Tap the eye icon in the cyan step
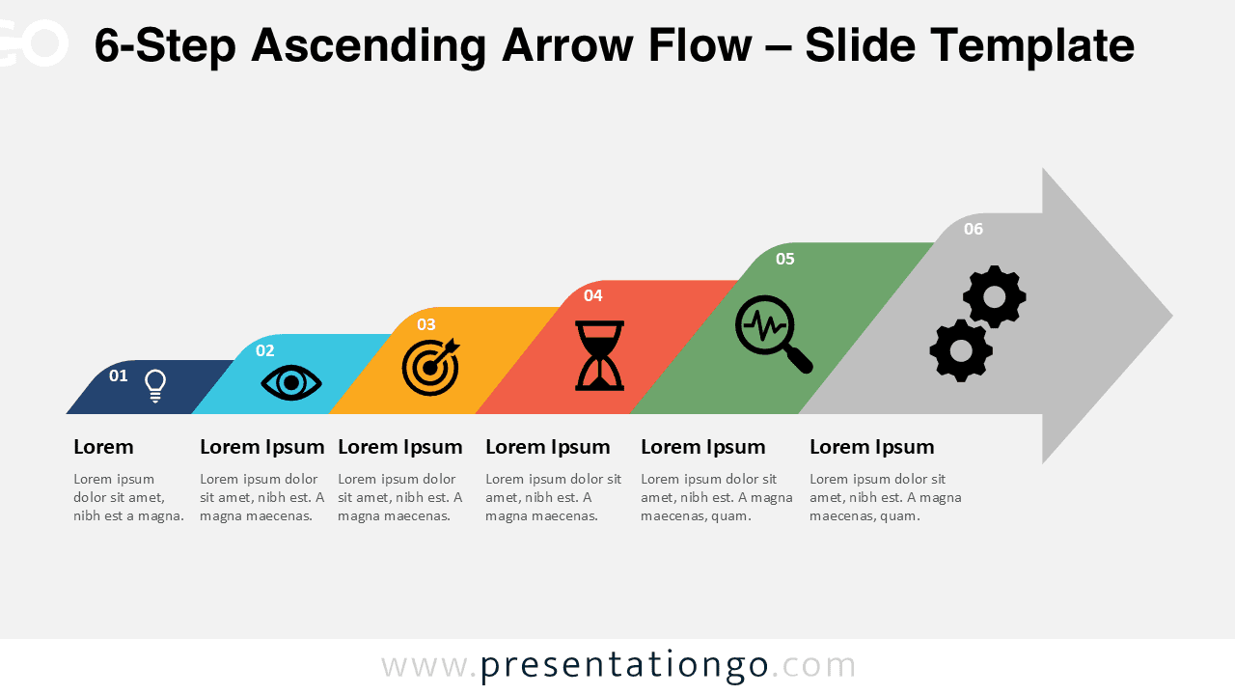291,383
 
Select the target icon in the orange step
430,367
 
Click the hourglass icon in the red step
599,355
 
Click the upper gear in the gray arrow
994,297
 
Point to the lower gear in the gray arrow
961,351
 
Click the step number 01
118,375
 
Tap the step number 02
265,350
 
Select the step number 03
425,324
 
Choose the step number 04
592,295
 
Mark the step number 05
785,259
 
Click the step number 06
974,229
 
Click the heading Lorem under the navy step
103,447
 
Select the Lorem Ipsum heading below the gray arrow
871,447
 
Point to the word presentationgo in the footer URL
624,665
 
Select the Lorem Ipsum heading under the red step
547,447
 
